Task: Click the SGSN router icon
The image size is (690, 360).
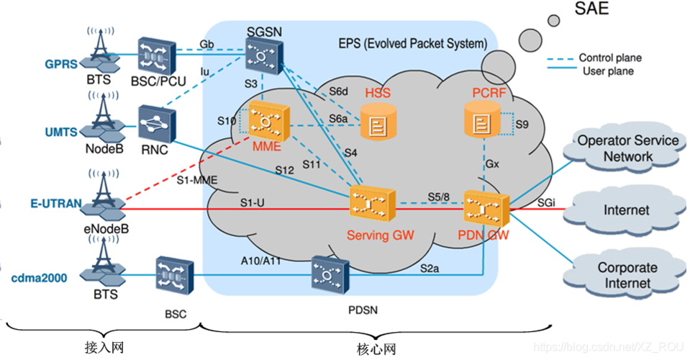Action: pyautogui.click(x=263, y=54)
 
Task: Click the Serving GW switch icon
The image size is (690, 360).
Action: pyautogui.click(x=371, y=204)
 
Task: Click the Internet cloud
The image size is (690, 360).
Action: pyautogui.click(x=625, y=210)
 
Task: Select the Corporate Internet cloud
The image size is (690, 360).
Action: pyautogui.click(x=627, y=274)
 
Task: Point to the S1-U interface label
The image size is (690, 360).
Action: pyautogui.click(x=253, y=202)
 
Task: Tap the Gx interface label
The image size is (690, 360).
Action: pyautogui.click(x=492, y=164)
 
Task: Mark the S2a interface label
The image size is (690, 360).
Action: pyautogui.click(x=431, y=267)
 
